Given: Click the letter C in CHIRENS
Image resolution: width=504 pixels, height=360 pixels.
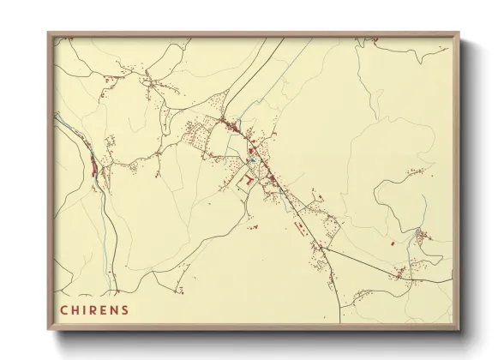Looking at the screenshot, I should (63, 309).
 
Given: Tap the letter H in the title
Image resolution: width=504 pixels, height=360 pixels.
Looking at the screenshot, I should (75, 309).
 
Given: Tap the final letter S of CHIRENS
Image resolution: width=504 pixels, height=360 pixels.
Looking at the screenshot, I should (127, 309).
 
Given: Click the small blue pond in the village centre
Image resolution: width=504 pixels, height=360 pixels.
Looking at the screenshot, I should (252, 159).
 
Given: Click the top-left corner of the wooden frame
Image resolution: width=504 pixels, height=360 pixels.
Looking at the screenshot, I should (48, 33).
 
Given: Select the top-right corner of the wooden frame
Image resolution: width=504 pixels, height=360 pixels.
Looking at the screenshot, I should (459, 33).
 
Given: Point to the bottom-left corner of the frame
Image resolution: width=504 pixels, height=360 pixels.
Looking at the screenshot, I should (48, 329).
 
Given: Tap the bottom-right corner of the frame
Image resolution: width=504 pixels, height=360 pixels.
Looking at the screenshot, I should (459, 329).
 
